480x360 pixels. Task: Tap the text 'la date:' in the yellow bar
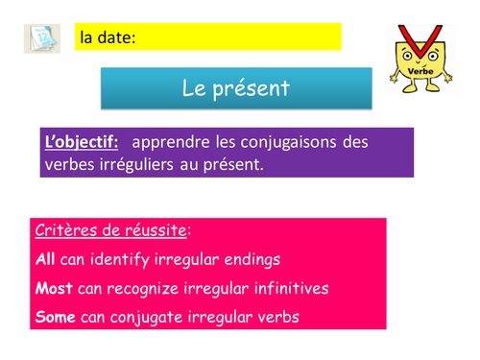(108, 38)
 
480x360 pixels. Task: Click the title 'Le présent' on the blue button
(235, 90)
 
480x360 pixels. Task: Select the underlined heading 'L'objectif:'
(82, 142)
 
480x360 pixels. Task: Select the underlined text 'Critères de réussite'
(110, 231)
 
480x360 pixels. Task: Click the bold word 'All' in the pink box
(45, 259)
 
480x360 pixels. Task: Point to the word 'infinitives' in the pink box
(279, 288)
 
